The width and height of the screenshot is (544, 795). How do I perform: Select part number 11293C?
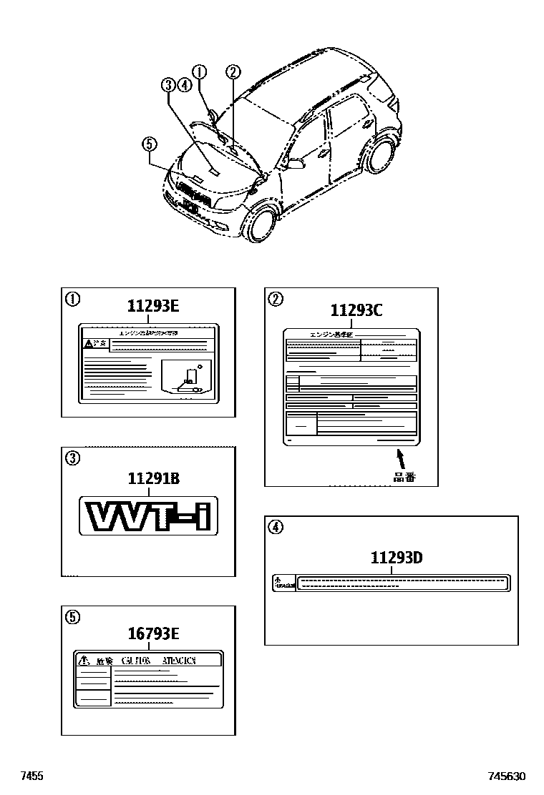tap(356, 310)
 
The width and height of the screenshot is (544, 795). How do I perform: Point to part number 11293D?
tap(396, 557)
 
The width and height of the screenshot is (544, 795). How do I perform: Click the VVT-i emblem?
tap(148, 515)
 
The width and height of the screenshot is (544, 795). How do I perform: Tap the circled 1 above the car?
tap(199, 71)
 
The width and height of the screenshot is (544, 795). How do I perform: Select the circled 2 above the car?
tap(233, 71)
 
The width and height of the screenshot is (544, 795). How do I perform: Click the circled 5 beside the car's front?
tap(148, 145)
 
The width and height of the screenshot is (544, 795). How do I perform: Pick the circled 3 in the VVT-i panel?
tap(72, 458)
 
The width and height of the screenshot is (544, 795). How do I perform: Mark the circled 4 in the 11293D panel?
tap(276, 528)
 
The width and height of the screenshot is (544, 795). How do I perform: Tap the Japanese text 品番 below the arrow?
tap(404, 477)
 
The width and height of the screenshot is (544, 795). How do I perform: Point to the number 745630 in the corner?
tap(507, 776)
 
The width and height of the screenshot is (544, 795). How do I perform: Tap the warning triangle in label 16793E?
tap(84, 660)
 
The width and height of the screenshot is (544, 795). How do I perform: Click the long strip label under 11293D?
tap(391, 583)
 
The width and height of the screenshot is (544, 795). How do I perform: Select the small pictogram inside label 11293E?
tap(188, 379)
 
